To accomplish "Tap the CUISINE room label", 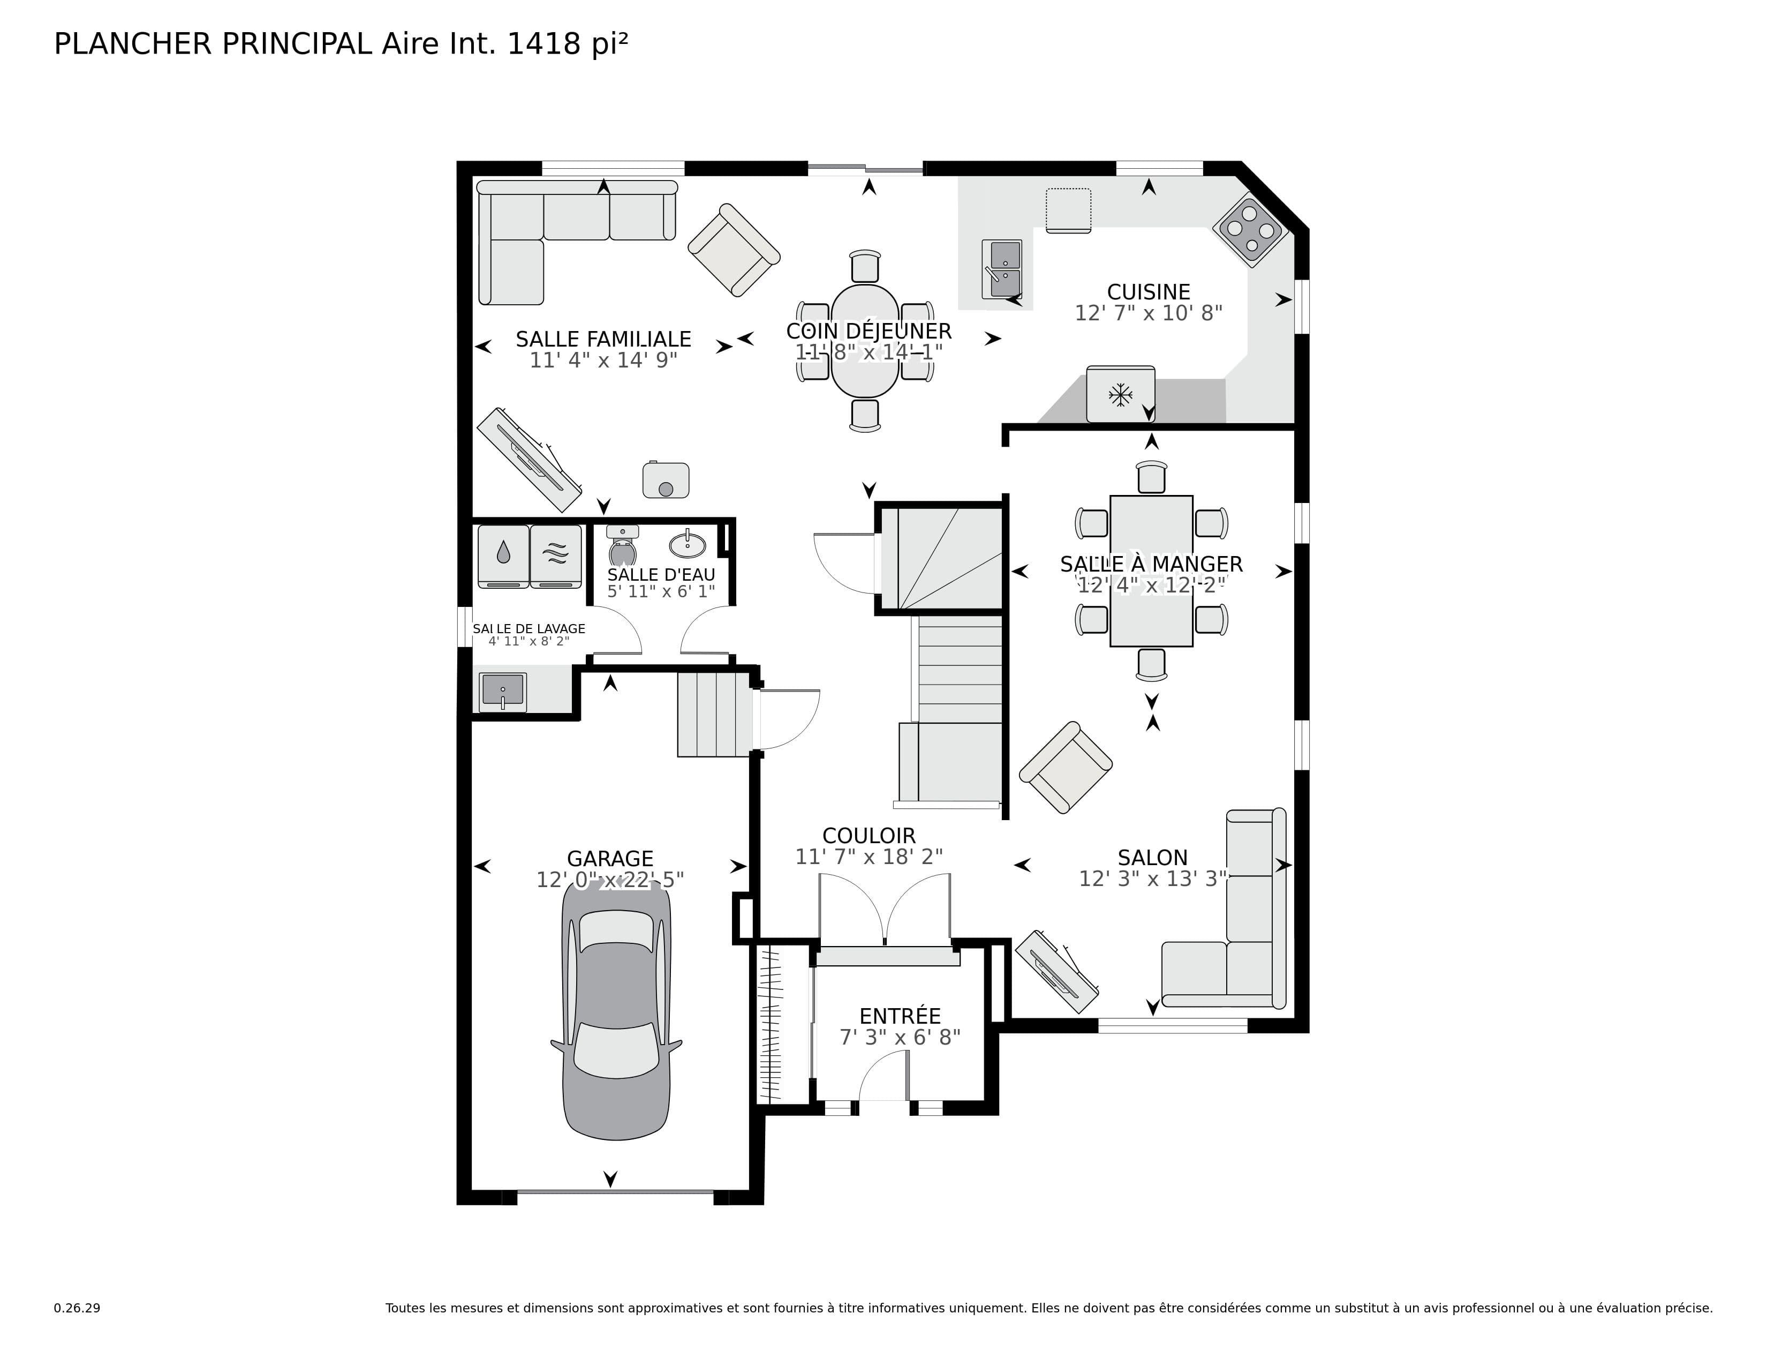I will click(x=1148, y=292).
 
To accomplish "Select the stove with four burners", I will click(x=1250, y=232).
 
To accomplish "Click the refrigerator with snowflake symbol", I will click(x=1120, y=394).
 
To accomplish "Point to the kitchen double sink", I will click(x=1002, y=269).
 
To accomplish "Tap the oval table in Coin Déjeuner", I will click(x=865, y=341).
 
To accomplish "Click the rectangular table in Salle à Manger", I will click(x=1151, y=571).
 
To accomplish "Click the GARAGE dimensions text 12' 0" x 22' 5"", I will click(x=610, y=880).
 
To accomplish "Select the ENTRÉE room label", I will click(x=900, y=1016).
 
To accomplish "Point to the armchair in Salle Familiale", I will click(x=733, y=249).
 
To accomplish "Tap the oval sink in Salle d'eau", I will click(x=688, y=544).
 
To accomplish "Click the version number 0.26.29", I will click(x=77, y=1308).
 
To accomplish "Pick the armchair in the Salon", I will click(x=1064, y=767).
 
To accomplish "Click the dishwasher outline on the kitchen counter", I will click(x=1068, y=211).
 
